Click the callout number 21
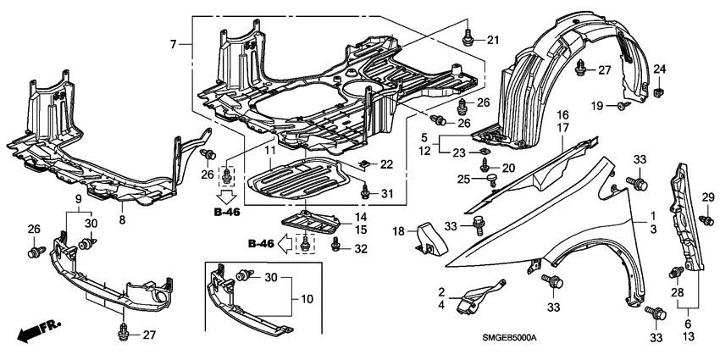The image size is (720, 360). pyautogui.click(x=493, y=40)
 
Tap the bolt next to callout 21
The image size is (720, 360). pyautogui.click(x=468, y=38)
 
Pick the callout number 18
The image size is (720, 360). pyautogui.click(x=397, y=231)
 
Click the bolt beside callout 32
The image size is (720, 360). pyautogui.click(x=337, y=246)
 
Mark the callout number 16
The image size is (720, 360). pyautogui.click(x=562, y=114)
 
